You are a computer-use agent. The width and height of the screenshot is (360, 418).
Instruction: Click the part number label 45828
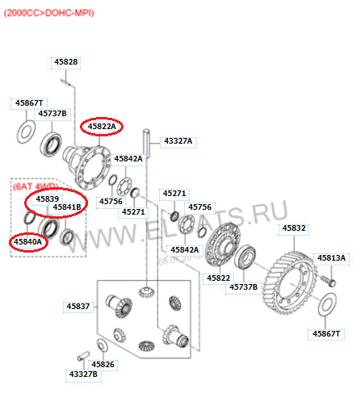click(x=66, y=62)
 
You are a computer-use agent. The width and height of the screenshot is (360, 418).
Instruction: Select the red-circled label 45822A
click(x=102, y=127)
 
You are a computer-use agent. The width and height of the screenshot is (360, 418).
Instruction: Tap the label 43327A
click(x=178, y=141)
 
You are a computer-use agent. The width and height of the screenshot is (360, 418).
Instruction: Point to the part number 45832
click(x=294, y=228)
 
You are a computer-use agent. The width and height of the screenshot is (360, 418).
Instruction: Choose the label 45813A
click(x=331, y=258)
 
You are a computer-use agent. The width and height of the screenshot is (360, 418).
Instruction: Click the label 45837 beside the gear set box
click(x=78, y=307)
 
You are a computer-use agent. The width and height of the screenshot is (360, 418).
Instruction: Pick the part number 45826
click(x=103, y=365)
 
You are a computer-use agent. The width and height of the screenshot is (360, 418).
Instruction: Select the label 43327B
click(x=83, y=374)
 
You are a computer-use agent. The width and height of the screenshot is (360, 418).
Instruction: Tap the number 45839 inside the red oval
click(x=48, y=199)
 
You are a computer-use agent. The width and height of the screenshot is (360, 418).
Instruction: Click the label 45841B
click(x=67, y=207)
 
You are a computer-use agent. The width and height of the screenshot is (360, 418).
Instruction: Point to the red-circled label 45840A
click(x=28, y=242)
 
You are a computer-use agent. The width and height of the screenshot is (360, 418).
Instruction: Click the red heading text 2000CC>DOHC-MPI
click(x=49, y=13)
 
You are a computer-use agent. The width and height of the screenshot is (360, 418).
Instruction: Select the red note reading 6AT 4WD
click(x=36, y=186)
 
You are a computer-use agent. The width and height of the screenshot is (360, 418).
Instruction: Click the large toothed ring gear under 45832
click(x=290, y=282)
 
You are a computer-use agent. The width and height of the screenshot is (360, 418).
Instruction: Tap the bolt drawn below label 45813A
click(x=328, y=281)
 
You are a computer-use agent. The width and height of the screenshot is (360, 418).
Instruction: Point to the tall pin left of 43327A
click(x=146, y=144)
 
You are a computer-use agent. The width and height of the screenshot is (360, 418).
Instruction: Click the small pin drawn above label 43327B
click(x=83, y=356)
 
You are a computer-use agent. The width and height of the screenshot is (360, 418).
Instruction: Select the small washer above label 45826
click(x=103, y=345)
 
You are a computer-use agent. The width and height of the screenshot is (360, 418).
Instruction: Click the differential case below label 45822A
click(x=86, y=166)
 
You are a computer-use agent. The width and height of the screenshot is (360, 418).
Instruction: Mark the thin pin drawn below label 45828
click(x=66, y=82)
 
